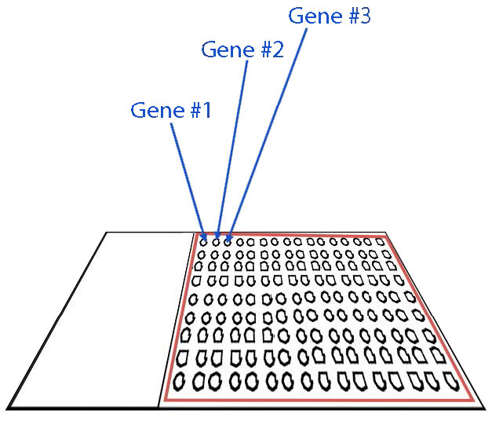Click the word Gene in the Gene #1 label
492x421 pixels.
[152, 110]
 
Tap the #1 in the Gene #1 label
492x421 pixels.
[199, 110]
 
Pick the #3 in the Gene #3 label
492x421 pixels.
[356, 16]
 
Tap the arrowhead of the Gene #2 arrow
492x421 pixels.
[217, 236]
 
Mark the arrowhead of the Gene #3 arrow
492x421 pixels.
[228, 236]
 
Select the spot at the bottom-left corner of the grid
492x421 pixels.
[180, 383]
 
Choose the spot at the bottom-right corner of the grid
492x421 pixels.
[451, 380]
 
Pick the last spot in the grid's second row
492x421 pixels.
[386, 254]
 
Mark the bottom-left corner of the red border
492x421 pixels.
[165, 400]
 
